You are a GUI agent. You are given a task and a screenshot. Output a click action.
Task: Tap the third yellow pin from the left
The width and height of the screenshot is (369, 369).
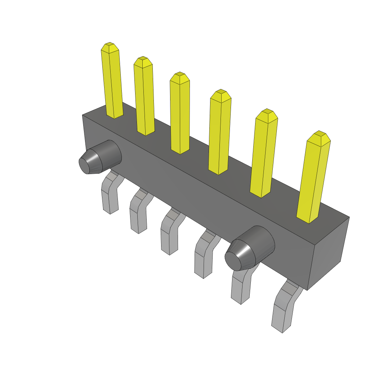(x=180, y=114)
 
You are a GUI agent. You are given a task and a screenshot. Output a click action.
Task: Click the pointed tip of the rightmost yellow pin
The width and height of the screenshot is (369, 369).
(x=319, y=135)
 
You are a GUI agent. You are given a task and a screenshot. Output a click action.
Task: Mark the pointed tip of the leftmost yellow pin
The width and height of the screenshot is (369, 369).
(x=109, y=46)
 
